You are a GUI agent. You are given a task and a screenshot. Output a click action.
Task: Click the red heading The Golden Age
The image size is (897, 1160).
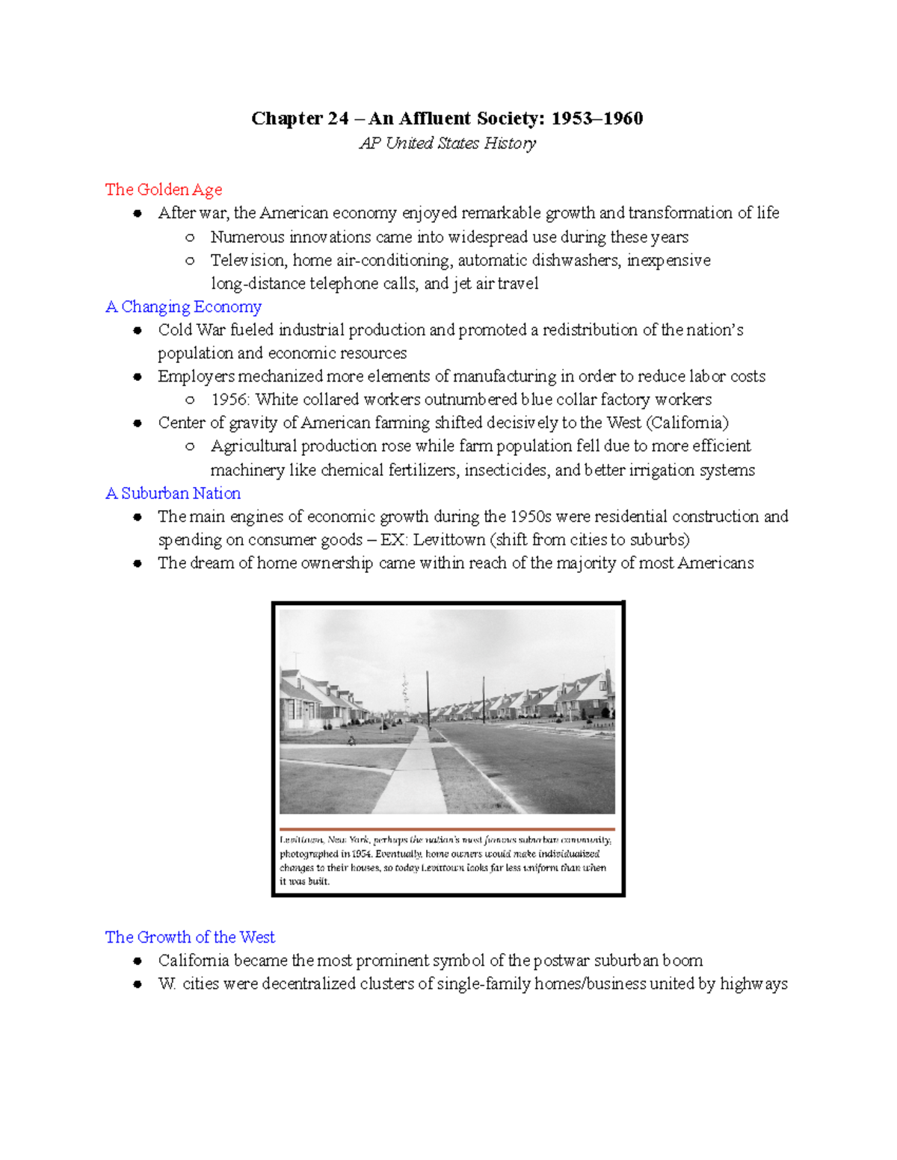pyautogui.click(x=163, y=190)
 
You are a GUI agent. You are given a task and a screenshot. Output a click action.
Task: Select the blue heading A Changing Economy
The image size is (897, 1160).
pyautogui.click(x=183, y=307)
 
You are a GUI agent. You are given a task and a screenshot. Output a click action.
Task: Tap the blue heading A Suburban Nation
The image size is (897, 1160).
pyautogui.click(x=173, y=493)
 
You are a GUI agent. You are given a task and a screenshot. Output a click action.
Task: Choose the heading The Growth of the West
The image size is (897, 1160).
pyautogui.click(x=190, y=937)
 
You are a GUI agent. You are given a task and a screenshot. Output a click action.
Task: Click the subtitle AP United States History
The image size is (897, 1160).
pyautogui.click(x=447, y=143)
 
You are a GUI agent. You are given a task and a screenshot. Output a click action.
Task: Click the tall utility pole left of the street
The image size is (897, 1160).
pyautogui.click(x=428, y=695)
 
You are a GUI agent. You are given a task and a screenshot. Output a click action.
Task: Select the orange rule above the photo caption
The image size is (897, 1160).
pyautogui.click(x=447, y=829)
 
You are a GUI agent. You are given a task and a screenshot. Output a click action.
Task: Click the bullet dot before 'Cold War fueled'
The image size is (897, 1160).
pyautogui.click(x=138, y=330)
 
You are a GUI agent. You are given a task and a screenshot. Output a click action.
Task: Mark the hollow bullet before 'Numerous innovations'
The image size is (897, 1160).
pyautogui.click(x=190, y=238)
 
